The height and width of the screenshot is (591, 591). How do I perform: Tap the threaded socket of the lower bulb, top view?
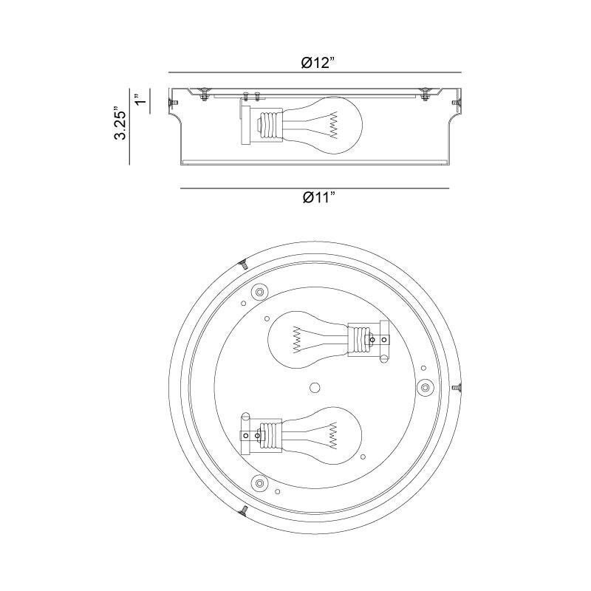coord(271,436)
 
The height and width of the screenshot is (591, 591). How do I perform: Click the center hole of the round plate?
coord(315,388)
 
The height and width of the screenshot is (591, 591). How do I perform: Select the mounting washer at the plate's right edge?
coord(426,388)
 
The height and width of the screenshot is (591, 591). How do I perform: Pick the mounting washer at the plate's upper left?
coord(259,292)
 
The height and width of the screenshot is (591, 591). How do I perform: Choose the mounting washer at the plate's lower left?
coord(259,484)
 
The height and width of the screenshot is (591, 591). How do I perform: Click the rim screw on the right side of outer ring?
coord(457,388)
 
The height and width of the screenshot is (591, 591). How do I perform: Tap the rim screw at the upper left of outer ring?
coord(242,264)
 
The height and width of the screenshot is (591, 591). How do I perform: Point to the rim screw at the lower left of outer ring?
coord(242,510)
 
